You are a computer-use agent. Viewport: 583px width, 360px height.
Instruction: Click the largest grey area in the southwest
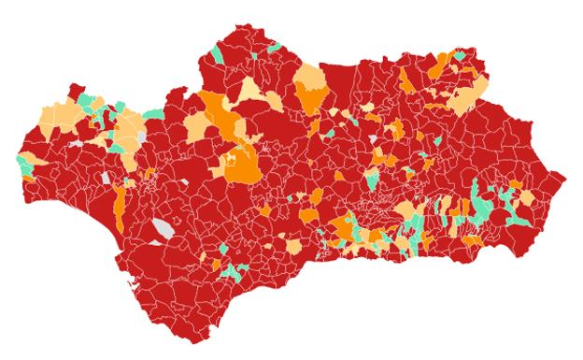pos(164,228)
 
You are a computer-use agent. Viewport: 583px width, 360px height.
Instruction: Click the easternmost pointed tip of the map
pos(564,176)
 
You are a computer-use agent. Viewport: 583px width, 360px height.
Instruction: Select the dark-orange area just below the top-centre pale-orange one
pos(310,96)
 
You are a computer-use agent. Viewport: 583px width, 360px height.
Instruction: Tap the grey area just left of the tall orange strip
pos(107,177)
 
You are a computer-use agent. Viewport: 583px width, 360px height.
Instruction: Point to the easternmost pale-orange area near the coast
pos(528,198)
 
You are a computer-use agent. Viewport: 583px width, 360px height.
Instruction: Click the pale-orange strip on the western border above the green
pos(20,149)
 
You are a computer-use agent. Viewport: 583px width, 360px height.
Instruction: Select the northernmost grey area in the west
pos(142,136)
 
